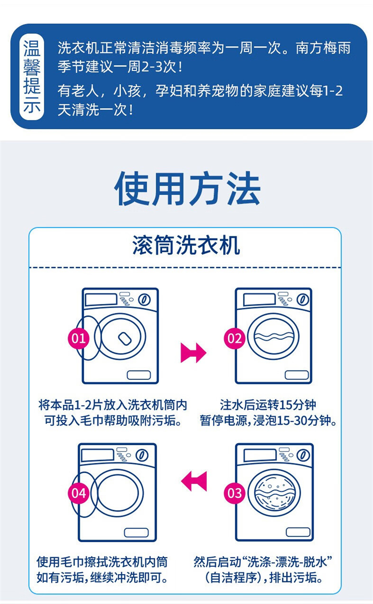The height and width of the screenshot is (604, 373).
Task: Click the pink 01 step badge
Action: click(79, 338)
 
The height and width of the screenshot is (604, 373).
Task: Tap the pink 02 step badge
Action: click(235, 338)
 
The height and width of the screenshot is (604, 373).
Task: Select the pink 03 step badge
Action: click(235, 493)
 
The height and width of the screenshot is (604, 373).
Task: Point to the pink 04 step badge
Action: click(79, 493)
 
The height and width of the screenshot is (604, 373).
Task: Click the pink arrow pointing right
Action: click(193, 353)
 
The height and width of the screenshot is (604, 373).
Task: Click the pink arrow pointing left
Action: click(194, 481)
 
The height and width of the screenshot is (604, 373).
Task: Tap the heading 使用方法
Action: click(187, 188)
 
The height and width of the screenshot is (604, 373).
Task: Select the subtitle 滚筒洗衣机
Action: click(186, 245)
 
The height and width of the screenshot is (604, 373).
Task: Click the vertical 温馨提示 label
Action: click(32, 76)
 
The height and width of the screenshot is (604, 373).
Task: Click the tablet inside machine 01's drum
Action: click(125, 338)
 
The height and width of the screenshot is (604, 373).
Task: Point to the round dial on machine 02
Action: click(303, 300)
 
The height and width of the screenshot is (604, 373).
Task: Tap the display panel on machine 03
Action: click(260, 455)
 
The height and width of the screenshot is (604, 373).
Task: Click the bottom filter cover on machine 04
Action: click(136, 532)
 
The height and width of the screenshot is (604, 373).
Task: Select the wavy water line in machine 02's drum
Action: click(274, 336)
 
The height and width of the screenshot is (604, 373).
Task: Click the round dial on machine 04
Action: click(142, 455)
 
